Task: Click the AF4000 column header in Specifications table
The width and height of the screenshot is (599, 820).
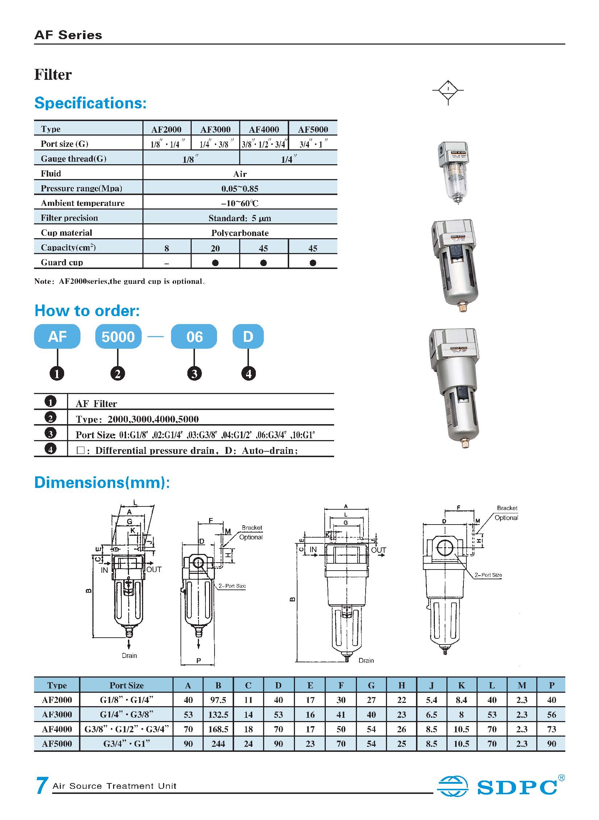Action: coord(264,129)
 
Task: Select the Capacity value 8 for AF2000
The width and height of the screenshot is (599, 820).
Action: coord(166,248)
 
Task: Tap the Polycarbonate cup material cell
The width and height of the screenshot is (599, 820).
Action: coord(240,233)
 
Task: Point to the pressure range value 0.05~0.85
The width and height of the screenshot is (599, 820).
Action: coord(240,189)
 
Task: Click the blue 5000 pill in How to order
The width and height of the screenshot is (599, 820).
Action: coord(118,337)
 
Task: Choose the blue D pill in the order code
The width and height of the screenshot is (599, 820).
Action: coord(248,337)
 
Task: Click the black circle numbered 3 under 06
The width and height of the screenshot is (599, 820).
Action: coord(194,373)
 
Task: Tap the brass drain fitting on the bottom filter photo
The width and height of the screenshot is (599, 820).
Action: coord(465,443)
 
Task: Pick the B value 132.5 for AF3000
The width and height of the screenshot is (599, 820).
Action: coord(218,715)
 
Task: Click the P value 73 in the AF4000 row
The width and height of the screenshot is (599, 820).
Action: coord(552,729)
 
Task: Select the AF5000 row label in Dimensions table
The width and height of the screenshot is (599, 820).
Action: coord(57,744)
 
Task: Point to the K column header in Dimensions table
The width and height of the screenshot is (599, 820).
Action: coord(461,686)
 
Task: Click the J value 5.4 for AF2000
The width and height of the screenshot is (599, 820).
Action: coord(431,700)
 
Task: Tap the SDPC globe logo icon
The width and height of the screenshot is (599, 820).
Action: coord(452,786)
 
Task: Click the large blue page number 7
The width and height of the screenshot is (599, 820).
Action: coord(41,786)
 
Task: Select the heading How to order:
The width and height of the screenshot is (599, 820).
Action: coord(87,311)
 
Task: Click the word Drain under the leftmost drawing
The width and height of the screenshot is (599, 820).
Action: coord(129,655)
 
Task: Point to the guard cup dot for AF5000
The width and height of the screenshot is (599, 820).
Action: coord(313,263)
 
